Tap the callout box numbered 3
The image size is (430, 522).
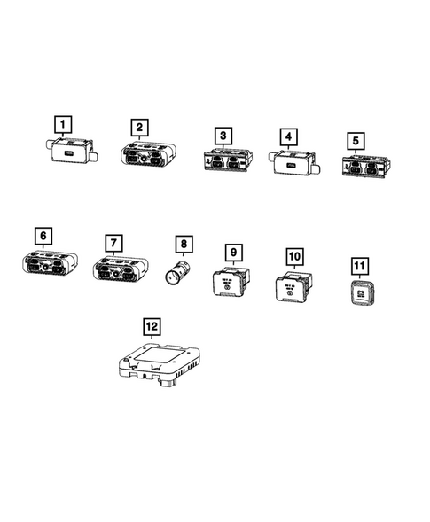point(224,136)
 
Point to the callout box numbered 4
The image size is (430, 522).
point(287,136)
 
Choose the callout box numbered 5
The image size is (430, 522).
point(356,141)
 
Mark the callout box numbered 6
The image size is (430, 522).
point(43,236)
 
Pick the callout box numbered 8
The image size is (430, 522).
point(183,242)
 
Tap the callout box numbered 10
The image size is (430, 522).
point(294,257)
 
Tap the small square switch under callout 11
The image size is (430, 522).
point(362,292)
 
